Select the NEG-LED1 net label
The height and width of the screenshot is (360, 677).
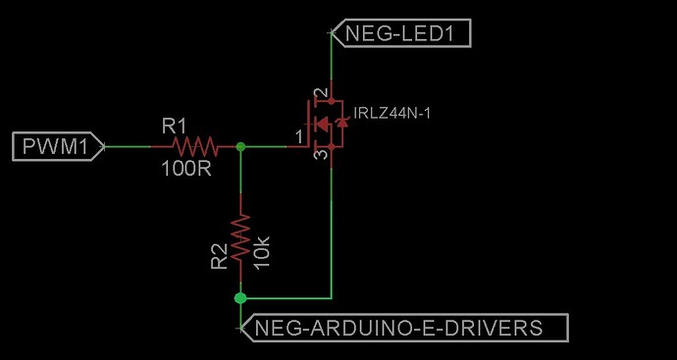[402, 34]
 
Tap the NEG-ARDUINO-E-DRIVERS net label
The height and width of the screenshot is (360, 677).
[403, 328]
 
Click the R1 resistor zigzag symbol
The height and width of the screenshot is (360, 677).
[194, 146]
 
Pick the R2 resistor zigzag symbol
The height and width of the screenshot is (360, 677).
[240, 235]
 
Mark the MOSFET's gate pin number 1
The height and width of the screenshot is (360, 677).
[298, 139]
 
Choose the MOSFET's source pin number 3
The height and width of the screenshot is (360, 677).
[318, 156]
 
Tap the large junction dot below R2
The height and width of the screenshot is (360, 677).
[240, 296]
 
